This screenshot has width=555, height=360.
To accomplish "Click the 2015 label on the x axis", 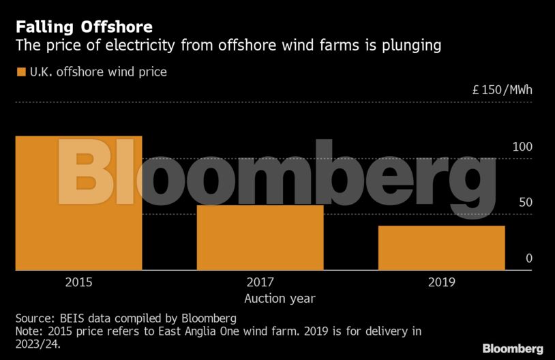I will pyautogui.click(x=78, y=282).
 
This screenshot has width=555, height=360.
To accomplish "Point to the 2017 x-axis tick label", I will pyautogui.click(x=260, y=282).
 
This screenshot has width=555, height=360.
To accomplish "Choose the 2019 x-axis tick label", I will pyautogui.click(x=442, y=282).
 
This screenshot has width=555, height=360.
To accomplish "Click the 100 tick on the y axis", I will pyautogui.click(x=523, y=147).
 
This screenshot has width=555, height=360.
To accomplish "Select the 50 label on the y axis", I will pyautogui.click(x=526, y=202).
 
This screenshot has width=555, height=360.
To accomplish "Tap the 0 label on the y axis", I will pyautogui.click(x=529, y=258).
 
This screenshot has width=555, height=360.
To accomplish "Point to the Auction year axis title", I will pyautogui.click(x=280, y=298).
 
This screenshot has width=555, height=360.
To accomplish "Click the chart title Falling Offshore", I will pyautogui.click(x=84, y=27).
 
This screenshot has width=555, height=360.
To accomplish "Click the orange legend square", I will pyautogui.click(x=20, y=72).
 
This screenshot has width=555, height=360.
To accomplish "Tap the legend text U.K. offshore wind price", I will pyautogui.click(x=98, y=72).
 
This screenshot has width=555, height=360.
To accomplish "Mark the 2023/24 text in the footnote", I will pyautogui.click(x=40, y=345).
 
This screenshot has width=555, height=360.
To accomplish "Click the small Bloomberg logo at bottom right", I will pyautogui.click(x=513, y=348).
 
